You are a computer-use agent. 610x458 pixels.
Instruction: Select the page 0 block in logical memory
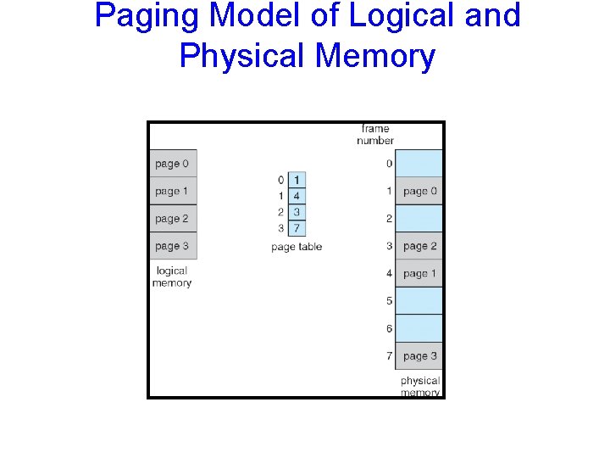point(173,164)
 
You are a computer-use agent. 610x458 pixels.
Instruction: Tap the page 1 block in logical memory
point(173,191)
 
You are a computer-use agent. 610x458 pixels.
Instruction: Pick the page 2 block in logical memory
point(173,219)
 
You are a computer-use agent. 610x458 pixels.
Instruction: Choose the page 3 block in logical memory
point(173,246)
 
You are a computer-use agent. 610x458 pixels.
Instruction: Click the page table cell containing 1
point(297,180)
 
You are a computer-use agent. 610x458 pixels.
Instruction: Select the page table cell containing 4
point(297,196)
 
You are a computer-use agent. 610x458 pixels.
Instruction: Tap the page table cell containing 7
point(297,228)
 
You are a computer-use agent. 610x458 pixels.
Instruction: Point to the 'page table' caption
point(297,247)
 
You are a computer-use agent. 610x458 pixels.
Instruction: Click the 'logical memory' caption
point(172,277)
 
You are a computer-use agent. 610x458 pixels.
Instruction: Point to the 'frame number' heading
point(375,135)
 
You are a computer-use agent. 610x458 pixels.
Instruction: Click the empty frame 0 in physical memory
point(419,164)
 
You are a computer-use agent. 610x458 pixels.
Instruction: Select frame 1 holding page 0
point(419,191)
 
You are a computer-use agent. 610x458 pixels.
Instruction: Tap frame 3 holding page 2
point(419,246)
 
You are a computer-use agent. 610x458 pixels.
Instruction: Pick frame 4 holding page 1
point(419,273)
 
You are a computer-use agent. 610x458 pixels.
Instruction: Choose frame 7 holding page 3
point(419,355)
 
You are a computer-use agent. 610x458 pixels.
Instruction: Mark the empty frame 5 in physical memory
point(419,301)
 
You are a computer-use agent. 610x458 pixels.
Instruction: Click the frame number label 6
point(390,328)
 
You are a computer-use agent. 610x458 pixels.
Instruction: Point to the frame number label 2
point(390,219)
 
